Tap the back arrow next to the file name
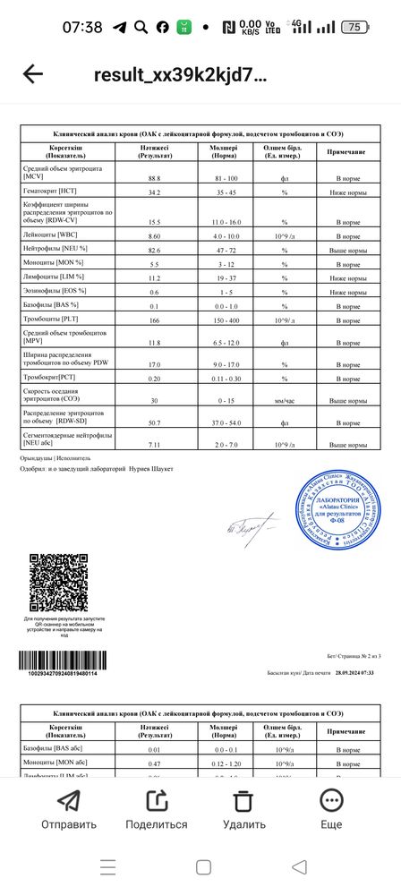click(33, 74)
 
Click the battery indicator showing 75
click(355, 27)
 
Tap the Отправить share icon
click(68, 800)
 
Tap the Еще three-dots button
click(331, 800)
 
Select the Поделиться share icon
click(157, 800)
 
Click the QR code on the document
click(58, 582)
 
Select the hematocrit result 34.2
click(155, 192)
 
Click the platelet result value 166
click(155, 320)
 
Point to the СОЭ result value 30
click(155, 400)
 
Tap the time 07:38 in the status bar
click(82, 27)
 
